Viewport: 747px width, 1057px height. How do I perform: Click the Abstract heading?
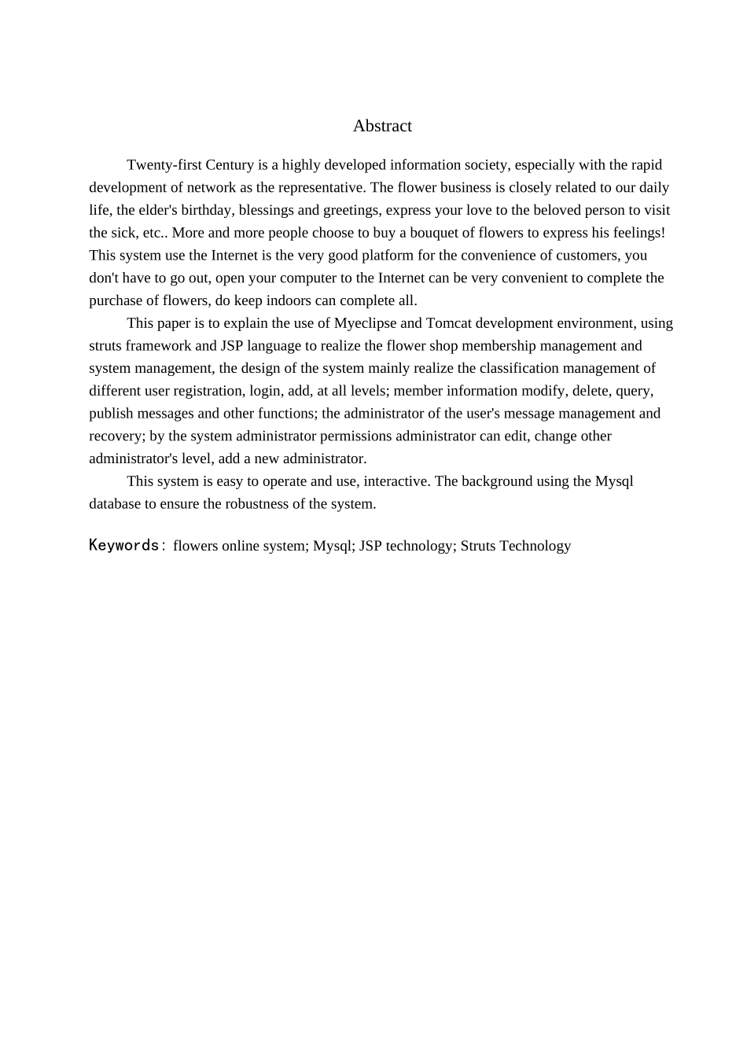click(x=382, y=126)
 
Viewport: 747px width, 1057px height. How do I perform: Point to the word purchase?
click(x=115, y=300)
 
